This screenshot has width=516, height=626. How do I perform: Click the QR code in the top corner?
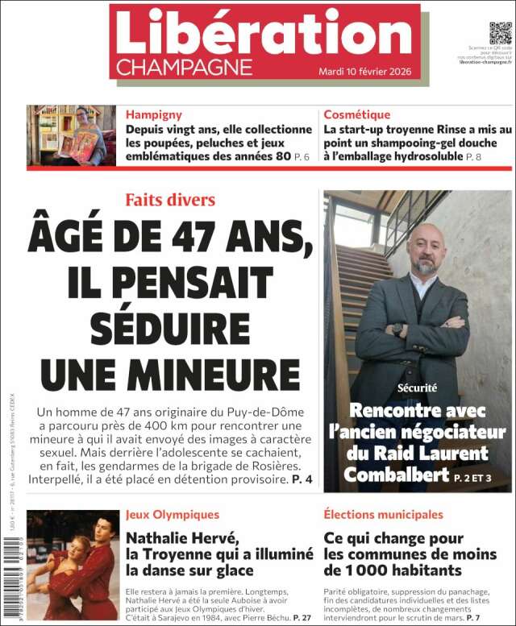(500, 34)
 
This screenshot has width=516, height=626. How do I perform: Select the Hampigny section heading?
(153, 114)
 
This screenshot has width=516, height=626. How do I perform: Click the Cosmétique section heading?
(356, 114)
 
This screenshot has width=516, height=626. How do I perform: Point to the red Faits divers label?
(170, 199)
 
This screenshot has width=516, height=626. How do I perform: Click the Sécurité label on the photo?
(418, 388)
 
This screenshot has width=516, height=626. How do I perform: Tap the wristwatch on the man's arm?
(397, 329)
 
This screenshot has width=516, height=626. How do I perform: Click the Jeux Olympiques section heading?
(172, 514)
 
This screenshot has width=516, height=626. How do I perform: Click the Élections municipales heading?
(382, 514)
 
